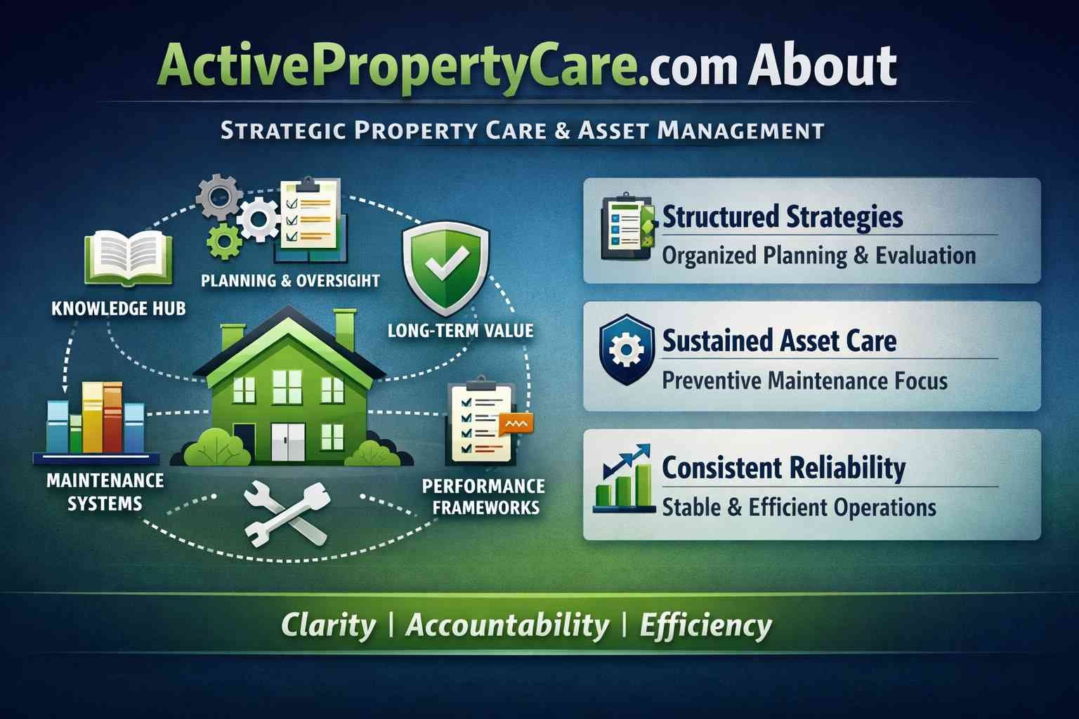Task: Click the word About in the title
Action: pyautogui.click(x=822, y=66)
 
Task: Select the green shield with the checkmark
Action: pyautogui.click(x=445, y=270)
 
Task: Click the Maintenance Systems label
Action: pyautogui.click(x=105, y=492)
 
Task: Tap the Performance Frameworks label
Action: pyautogui.click(x=483, y=496)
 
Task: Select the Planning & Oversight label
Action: pyautogui.click(x=290, y=281)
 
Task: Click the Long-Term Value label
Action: pyautogui.click(x=460, y=330)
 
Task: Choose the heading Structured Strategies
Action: pyautogui.click(x=783, y=216)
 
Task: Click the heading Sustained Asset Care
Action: pyautogui.click(x=779, y=341)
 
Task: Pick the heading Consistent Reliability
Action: pyautogui.click(x=783, y=468)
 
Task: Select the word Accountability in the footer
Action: pyautogui.click(x=507, y=625)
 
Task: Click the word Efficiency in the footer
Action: pyautogui.click(x=705, y=625)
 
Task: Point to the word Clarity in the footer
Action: pyautogui.click(x=328, y=625)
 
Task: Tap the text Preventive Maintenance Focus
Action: pyautogui.click(x=804, y=381)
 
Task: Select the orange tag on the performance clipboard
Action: pyautogui.click(x=516, y=423)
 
